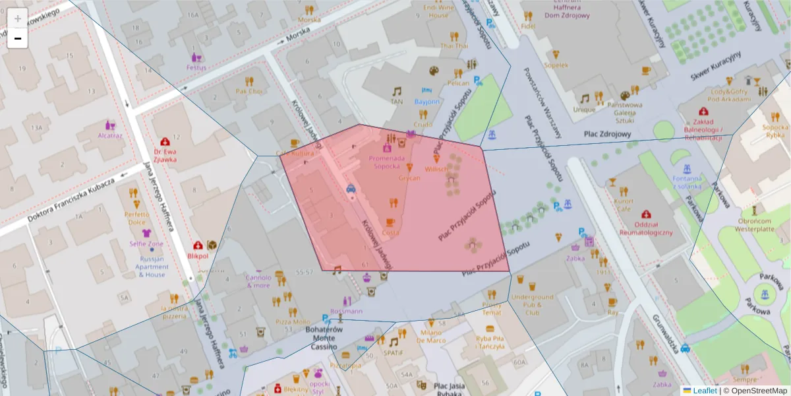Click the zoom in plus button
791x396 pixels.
point(17,18)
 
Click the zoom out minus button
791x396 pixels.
point(17,38)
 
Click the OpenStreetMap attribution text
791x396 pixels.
point(755,391)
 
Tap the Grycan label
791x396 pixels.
point(409,178)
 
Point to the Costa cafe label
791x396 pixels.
point(390,232)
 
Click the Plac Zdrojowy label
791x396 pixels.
point(607,134)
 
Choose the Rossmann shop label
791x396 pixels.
point(347,311)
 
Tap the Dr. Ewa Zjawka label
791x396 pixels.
point(165,154)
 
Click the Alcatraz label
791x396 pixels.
point(110,135)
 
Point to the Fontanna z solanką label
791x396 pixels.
point(687,183)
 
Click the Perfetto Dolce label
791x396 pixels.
point(137,218)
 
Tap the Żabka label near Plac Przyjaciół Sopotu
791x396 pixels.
point(575,258)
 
